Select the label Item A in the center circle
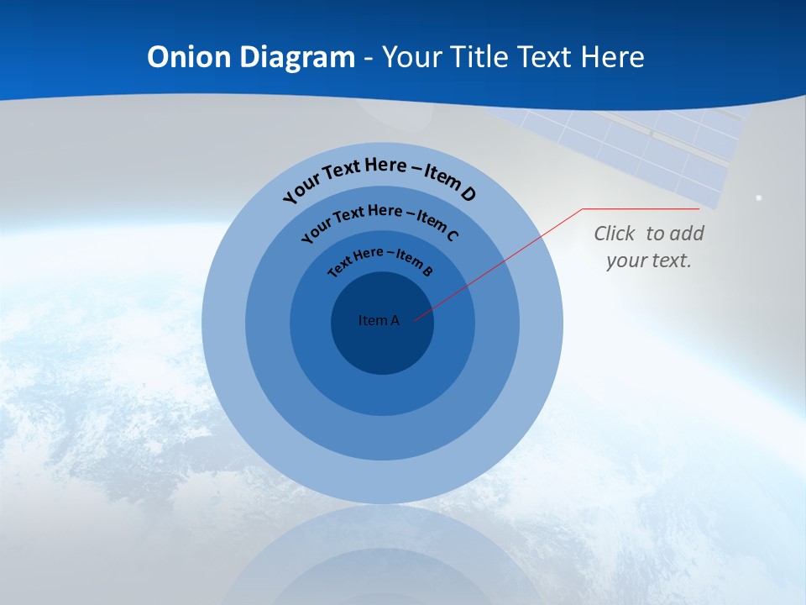[x=379, y=320]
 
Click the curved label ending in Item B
[x=380, y=260]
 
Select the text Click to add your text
[x=649, y=246]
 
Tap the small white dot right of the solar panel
[x=759, y=197]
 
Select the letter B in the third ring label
[x=427, y=271]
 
